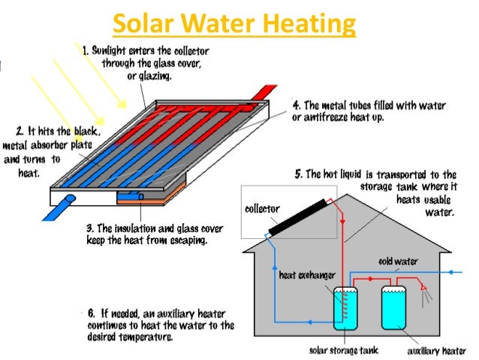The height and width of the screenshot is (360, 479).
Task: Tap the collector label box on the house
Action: tap(262, 208)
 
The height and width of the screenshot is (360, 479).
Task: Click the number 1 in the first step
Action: tap(85, 51)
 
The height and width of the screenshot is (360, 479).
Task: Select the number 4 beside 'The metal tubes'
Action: tap(297, 105)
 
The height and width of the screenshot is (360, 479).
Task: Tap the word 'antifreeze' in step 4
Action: tap(339, 118)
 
